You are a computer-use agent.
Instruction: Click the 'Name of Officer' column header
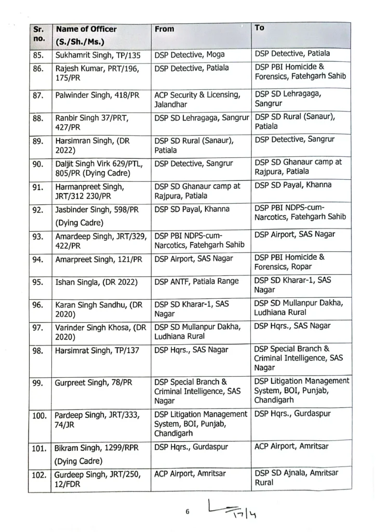86,30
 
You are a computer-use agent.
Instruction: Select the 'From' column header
165,30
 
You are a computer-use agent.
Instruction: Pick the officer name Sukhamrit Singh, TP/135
97,55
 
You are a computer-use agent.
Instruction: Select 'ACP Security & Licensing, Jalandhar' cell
197,100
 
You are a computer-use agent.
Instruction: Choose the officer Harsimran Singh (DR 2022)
92,144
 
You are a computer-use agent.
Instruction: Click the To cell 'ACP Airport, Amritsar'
289,446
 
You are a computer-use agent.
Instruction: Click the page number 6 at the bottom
188,511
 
